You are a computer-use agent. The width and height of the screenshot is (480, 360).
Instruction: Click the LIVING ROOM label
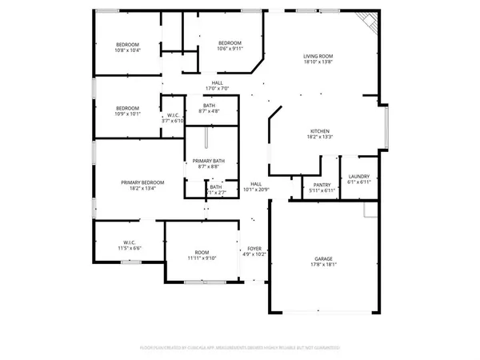(x=318, y=55)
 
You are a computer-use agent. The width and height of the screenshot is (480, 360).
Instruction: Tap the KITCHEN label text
(x=321, y=131)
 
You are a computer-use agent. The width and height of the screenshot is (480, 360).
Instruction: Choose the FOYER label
(x=254, y=248)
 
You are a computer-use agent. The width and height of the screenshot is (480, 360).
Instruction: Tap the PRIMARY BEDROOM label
(x=137, y=183)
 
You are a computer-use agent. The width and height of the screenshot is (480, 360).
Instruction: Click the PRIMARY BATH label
(x=212, y=161)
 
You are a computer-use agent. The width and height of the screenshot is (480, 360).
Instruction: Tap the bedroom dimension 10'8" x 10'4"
(x=128, y=50)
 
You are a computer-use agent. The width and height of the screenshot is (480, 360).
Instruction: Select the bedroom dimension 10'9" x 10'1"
(x=128, y=114)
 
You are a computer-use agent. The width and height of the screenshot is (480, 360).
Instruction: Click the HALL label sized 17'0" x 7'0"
(x=217, y=82)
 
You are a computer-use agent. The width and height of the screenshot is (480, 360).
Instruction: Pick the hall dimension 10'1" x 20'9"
(x=256, y=190)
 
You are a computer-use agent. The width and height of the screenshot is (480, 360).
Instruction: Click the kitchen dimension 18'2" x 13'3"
(x=321, y=138)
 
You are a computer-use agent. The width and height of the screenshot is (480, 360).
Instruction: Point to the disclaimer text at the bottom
(x=239, y=347)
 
